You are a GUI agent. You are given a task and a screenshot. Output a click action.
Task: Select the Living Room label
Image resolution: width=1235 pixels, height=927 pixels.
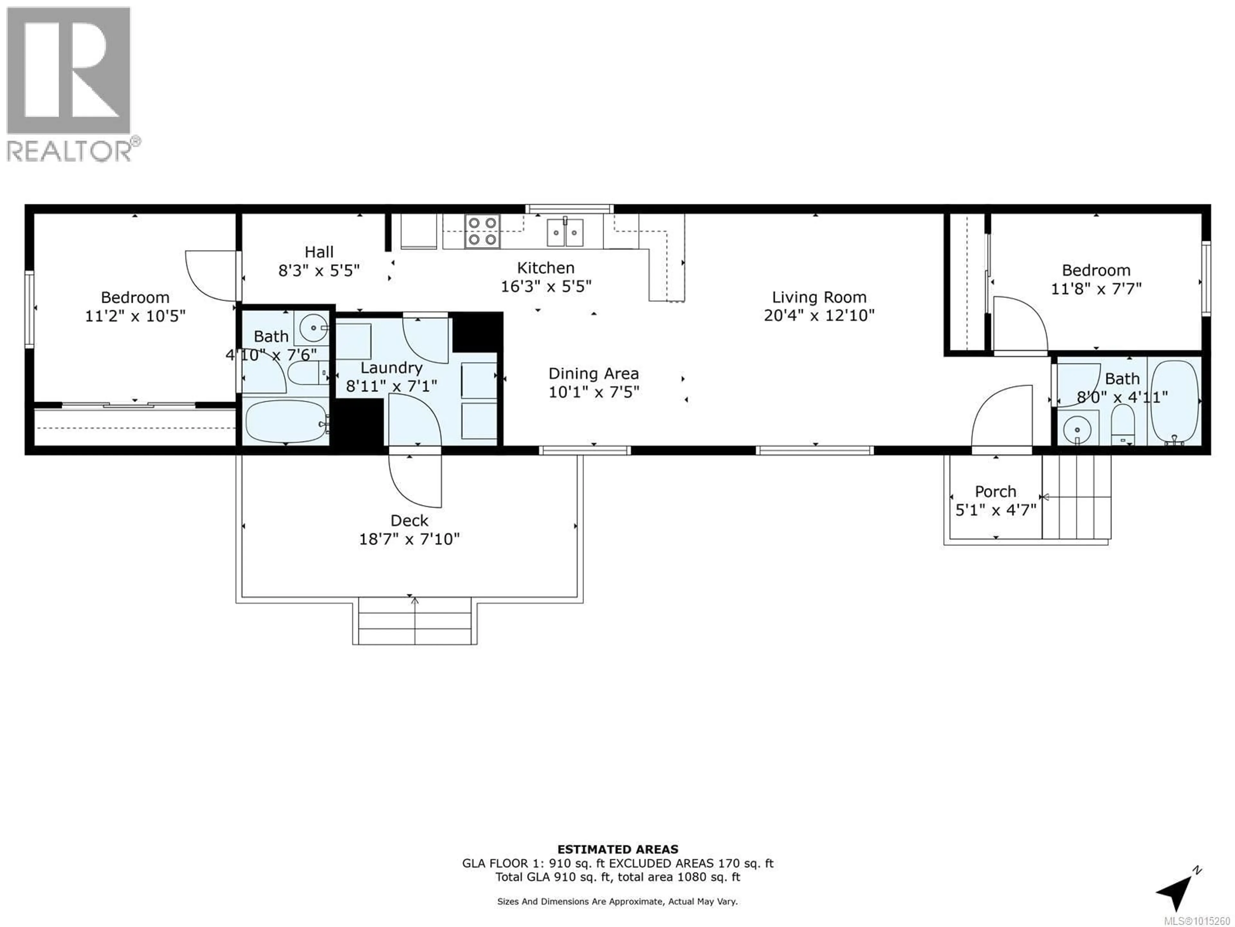click(819, 297)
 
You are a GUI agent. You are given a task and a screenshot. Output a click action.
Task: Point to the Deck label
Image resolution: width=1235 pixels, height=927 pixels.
click(409, 521)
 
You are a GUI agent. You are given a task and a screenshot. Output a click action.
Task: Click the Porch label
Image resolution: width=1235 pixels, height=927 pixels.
click(995, 492)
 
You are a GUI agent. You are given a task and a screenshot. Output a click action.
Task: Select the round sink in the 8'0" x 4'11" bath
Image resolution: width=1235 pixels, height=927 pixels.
click(1077, 430)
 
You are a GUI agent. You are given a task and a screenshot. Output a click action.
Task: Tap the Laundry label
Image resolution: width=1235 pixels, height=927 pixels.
click(391, 368)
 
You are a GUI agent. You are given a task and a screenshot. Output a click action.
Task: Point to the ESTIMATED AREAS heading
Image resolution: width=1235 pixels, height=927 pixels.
click(617, 849)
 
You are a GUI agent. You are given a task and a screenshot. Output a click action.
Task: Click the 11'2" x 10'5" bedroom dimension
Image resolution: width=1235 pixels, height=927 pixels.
click(135, 316)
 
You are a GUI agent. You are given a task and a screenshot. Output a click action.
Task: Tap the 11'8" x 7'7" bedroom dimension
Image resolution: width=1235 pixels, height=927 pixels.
click(1096, 289)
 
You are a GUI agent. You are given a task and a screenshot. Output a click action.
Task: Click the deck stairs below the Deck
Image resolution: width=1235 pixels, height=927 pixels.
click(415, 621)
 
